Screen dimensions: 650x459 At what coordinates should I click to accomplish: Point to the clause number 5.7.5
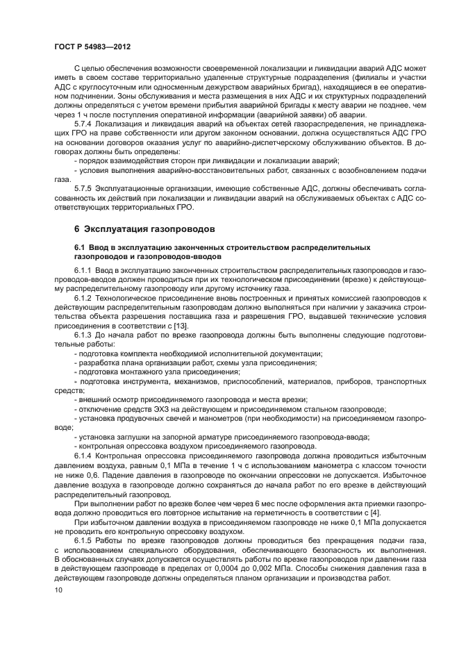click(85, 188)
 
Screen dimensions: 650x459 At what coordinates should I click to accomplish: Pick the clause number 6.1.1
click(85, 269)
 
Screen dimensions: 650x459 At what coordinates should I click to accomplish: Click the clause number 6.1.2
click(85, 297)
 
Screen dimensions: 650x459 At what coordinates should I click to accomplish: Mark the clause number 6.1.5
click(85, 539)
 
